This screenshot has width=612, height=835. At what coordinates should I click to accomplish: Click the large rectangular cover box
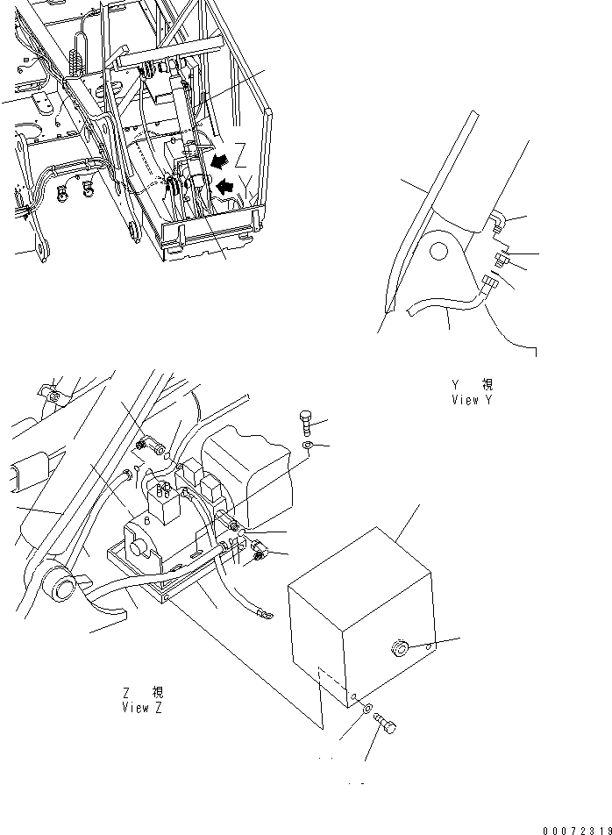click(359, 614)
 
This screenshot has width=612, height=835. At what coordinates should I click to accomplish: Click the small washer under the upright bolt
click(307, 446)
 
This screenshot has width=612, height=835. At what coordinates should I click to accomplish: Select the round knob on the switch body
click(139, 548)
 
